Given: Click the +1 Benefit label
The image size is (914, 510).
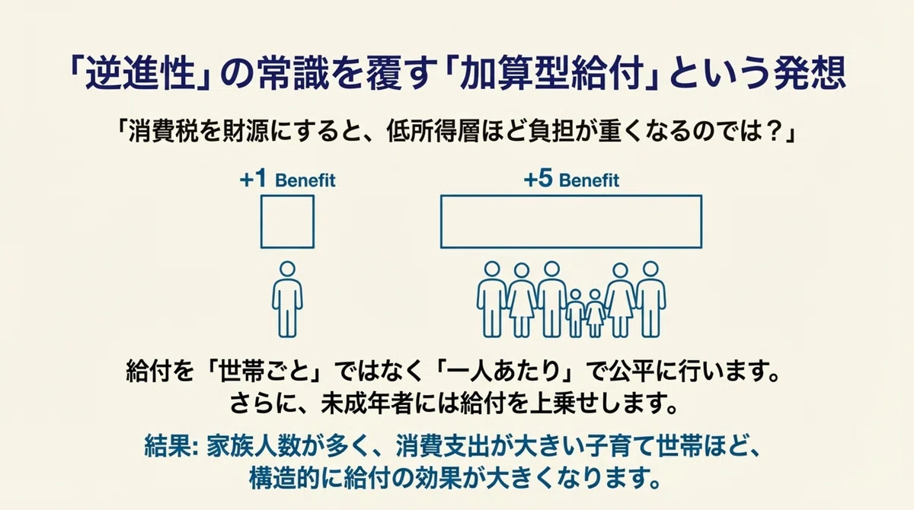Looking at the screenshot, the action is click(x=288, y=180).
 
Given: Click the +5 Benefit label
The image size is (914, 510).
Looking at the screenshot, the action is click(x=571, y=180).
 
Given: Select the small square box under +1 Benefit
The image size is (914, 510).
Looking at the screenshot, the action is click(x=261, y=222).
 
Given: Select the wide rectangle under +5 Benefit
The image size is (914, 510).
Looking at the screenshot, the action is click(x=441, y=222).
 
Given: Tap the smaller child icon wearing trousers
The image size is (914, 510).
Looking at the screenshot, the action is click(x=575, y=314).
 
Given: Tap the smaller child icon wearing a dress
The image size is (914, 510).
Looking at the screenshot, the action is click(x=595, y=314).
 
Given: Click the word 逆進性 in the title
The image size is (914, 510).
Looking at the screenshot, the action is click(x=140, y=74).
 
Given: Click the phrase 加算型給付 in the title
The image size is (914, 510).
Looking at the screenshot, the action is click(x=551, y=74).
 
